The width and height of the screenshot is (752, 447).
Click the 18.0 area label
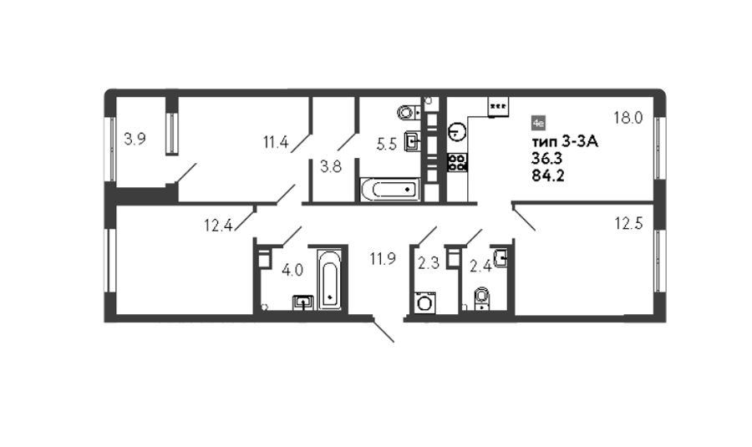pyautogui.click(x=628, y=118)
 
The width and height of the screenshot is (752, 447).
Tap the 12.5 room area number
pyautogui.click(x=628, y=223)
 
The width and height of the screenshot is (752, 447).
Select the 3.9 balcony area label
pyautogui.click(x=135, y=139)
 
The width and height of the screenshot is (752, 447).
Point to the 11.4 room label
pyautogui.click(x=276, y=142)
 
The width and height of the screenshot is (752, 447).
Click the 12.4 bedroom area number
pyautogui.click(x=218, y=225)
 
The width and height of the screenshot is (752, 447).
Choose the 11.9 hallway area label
pyautogui.click(x=383, y=259)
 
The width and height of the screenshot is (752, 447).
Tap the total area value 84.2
pyautogui.click(x=547, y=175)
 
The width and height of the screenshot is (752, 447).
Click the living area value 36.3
pyautogui.click(x=546, y=158)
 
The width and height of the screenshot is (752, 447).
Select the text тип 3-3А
pyautogui.click(x=565, y=142)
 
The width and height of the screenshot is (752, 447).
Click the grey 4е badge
pyautogui.click(x=539, y=124)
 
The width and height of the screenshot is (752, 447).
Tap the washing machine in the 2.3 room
pyautogui.click(x=424, y=302)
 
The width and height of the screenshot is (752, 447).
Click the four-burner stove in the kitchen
pyautogui.click(x=458, y=162)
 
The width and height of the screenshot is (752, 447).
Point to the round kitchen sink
pyautogui.click(x=458, y=131)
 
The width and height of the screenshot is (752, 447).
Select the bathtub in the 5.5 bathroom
pyautogui.click(x=390, y=190)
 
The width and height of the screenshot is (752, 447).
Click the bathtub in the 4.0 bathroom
pyautogui.click(x=329, y=279)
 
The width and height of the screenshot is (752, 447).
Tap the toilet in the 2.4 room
pyautogui.click(x=481, y=298)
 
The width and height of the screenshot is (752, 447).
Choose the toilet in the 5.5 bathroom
pyautogui.click(x=408, y=112)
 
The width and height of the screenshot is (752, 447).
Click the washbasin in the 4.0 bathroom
pyautogui.click(x=303, y=302)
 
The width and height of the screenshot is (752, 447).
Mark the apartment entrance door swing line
pyautogui.click(x=384, y=331)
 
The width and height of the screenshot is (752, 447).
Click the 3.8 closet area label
pyautogui.click(x=331, y=167)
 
